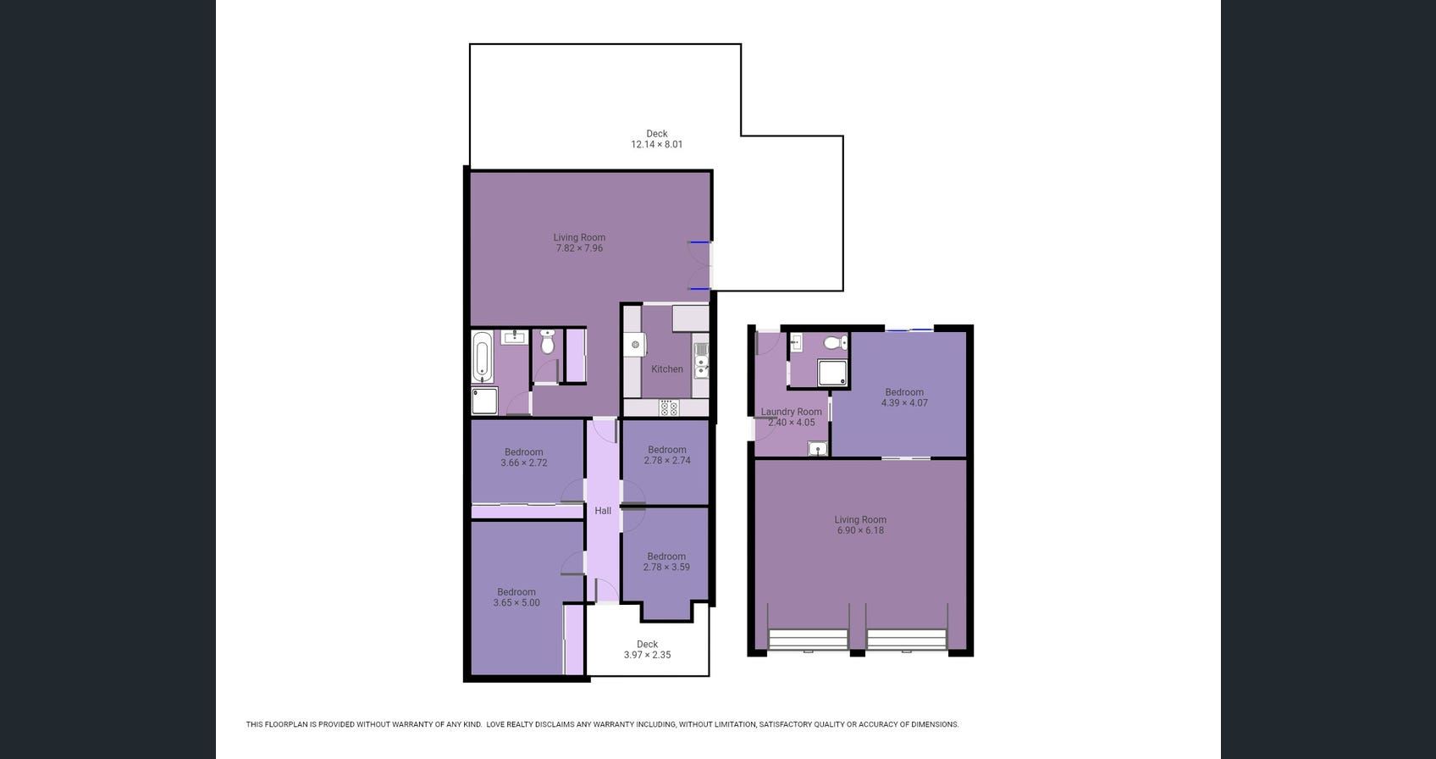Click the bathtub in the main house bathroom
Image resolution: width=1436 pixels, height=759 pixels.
click(x=482, y=357)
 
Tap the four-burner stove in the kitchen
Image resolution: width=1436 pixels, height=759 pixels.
click(x=669, y=408)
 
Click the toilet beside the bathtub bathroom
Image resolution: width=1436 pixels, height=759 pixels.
click(x=547, y=342)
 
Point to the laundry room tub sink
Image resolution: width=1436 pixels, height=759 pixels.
click(x=817, y=448)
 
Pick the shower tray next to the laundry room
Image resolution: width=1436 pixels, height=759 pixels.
click(x=832, y=373)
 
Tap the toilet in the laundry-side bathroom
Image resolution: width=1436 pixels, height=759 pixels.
click(x=836, y=342)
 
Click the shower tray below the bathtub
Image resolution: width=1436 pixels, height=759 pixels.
click(x=484, y=401)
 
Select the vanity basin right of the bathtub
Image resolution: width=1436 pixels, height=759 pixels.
click(x=514, y=337)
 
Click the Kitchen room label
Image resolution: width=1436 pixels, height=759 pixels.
click(x=666, y=369)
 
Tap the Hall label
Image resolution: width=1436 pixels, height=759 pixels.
click(x=603, y=511)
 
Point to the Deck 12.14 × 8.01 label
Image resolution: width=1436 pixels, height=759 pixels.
click(x=656, y=139)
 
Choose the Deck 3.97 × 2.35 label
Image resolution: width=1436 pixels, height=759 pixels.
click(x=647, y=649)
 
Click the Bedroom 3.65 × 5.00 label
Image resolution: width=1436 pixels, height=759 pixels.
click(x=516, y=597)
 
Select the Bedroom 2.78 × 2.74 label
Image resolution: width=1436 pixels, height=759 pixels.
click(x=666, y=455)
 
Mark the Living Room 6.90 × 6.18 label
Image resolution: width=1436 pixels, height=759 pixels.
click(x=860, y=525)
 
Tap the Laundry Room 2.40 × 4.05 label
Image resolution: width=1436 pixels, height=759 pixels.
click(x=791, y=417)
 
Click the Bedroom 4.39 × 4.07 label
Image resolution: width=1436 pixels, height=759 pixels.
click(x=904, y=397)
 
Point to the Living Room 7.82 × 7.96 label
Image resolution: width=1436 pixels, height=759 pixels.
click(x=579, y=242)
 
